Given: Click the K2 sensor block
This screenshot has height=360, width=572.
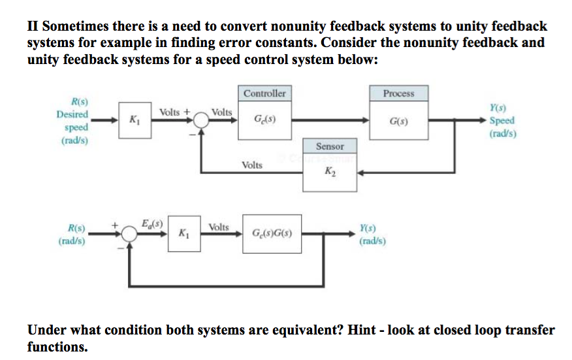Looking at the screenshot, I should [330, 172].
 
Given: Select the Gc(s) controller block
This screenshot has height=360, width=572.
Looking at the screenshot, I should [264, 120].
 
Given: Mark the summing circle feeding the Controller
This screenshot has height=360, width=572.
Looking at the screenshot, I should [201, 120].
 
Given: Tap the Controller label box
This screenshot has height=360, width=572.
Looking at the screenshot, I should [264, 93].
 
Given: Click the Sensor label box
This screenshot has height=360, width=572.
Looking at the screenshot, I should [330, 146].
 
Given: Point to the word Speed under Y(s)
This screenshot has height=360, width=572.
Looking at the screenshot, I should [501, 121].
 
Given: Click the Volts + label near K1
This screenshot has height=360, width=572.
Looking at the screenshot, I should [174, 112].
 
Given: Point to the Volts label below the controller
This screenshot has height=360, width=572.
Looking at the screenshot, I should [251, 165].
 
